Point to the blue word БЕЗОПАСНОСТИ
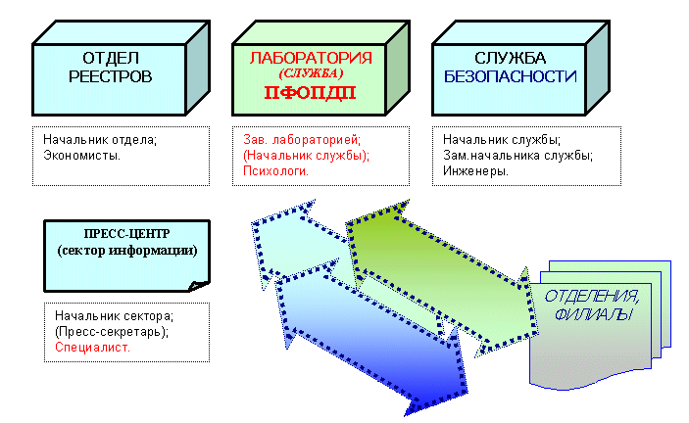[510, 76]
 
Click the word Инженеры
[474, 170]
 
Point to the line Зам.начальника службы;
[517, 155]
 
